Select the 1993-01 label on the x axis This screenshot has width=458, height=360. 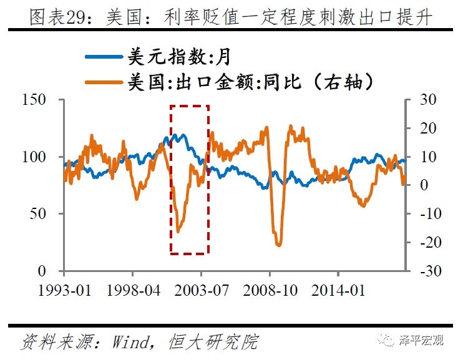tap(64, 291)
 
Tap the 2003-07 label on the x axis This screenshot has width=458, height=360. tap(202, 291)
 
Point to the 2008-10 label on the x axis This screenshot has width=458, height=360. tap(270, 291)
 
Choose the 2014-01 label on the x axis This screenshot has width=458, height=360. tap(338, 291)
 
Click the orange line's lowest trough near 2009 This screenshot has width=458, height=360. tap(278, 245)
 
